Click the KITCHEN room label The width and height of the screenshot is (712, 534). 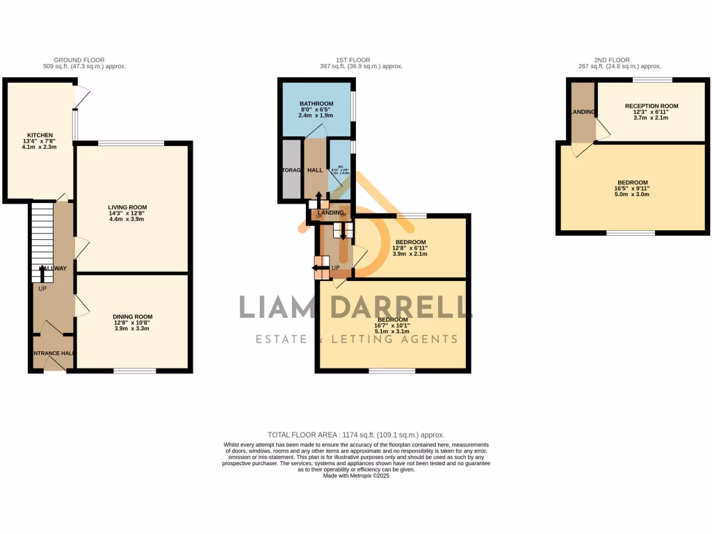tap(40, 135)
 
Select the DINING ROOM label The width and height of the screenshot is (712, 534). tap(133, 316)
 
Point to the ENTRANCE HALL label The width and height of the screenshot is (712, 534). tap(53, 353)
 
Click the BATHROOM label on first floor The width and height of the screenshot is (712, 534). tap(315, 103)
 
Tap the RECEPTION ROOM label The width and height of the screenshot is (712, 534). tap(651, 106)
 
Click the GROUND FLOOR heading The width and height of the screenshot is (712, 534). tap(79, 60)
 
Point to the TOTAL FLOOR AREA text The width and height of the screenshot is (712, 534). tap(355, 435)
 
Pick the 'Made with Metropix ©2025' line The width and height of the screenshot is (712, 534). tap(356, 476)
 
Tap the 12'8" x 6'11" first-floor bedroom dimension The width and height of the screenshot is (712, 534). tap(411, 248)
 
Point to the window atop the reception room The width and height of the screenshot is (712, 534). tap(652, 79)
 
